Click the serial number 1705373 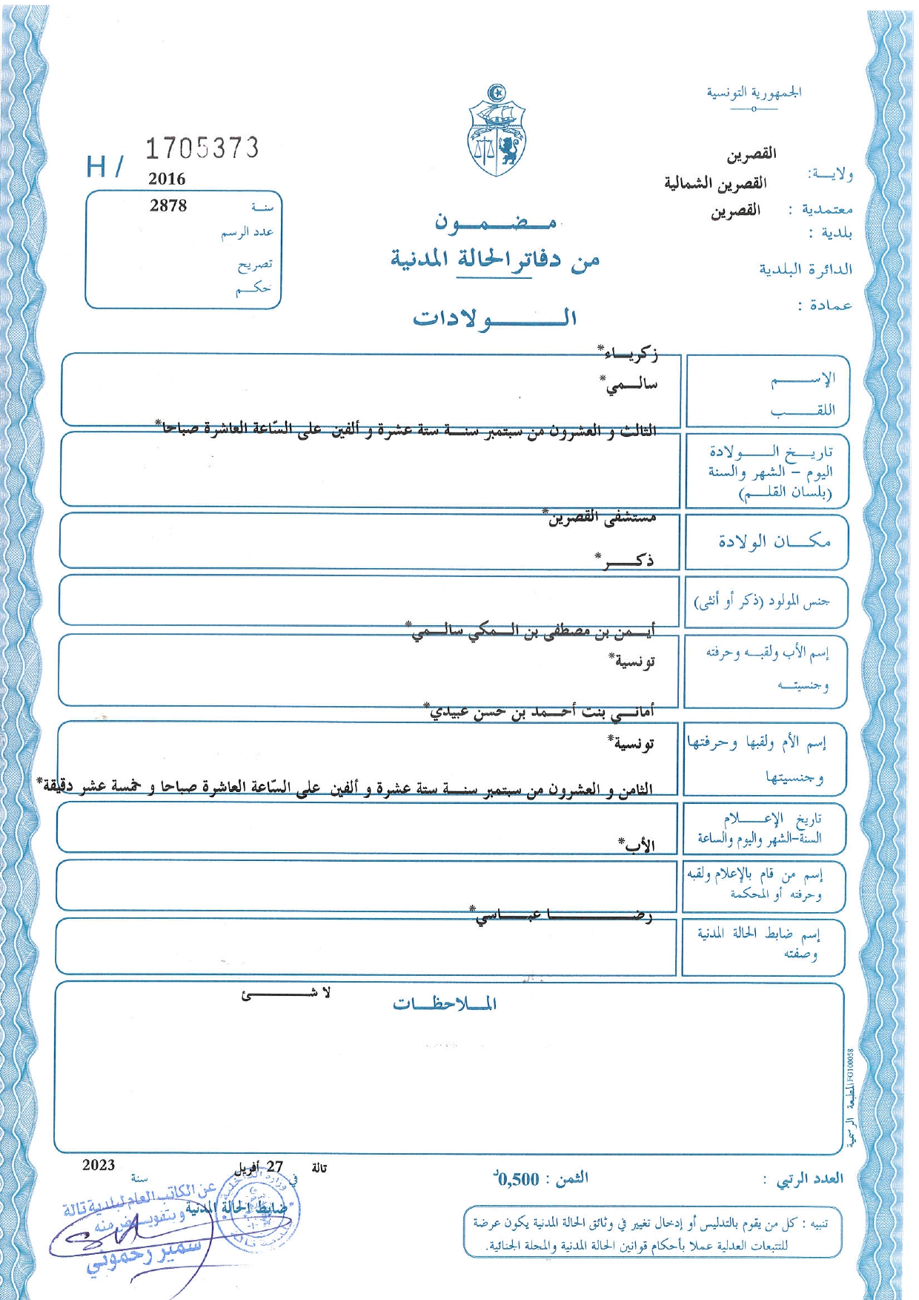tap(202, 148)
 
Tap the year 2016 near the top tap(167, 179)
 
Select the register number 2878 tap(168, 205)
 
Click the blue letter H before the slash tap(96, 167)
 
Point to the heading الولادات tap(494, 319)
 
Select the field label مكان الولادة tap(774, 541)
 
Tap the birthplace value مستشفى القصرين tap(601, 518)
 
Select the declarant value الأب tap(637, 845)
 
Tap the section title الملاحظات tap(445, 1004)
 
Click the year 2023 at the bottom tap(99, 1165)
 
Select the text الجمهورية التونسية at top tap(754, 93)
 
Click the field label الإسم tap(803, 380)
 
